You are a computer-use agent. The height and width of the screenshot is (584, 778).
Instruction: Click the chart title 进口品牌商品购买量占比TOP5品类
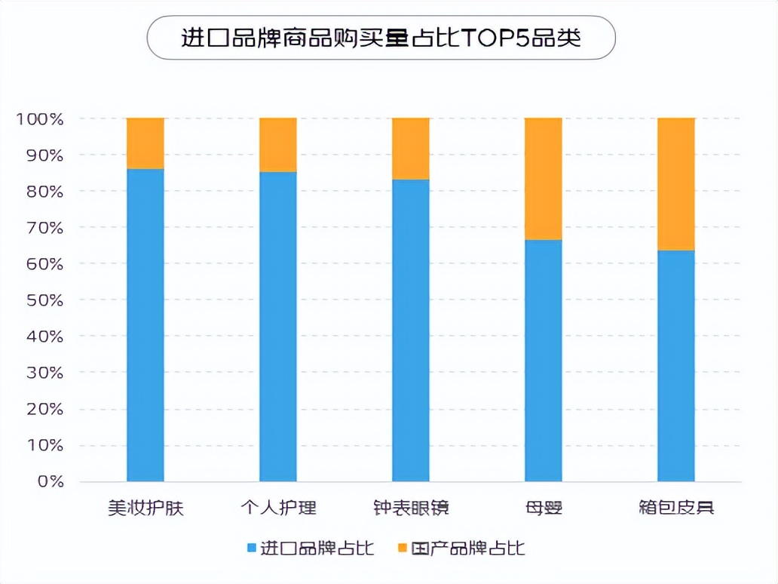pos(381,38)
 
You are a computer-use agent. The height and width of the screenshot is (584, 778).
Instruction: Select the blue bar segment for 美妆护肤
pos(145,324)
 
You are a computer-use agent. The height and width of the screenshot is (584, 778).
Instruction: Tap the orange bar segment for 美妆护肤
pos(145,143)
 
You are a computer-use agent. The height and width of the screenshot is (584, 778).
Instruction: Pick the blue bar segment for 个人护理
pos(278,326)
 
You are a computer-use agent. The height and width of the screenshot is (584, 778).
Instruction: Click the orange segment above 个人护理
pos(278,145)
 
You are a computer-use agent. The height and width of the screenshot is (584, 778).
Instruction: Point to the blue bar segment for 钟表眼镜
pos(411,330)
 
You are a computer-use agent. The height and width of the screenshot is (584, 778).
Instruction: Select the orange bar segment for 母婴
pos(544,179)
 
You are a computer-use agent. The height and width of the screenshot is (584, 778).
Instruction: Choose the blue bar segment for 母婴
pos(544,360)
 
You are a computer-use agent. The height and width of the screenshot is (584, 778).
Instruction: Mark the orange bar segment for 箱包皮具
pos(676,184)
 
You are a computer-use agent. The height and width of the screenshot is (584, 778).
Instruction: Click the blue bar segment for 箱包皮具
pos(676,365)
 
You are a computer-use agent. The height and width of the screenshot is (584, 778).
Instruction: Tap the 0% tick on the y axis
pos(50,481)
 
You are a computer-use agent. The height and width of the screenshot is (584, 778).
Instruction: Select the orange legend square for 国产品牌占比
pos(402,548)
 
